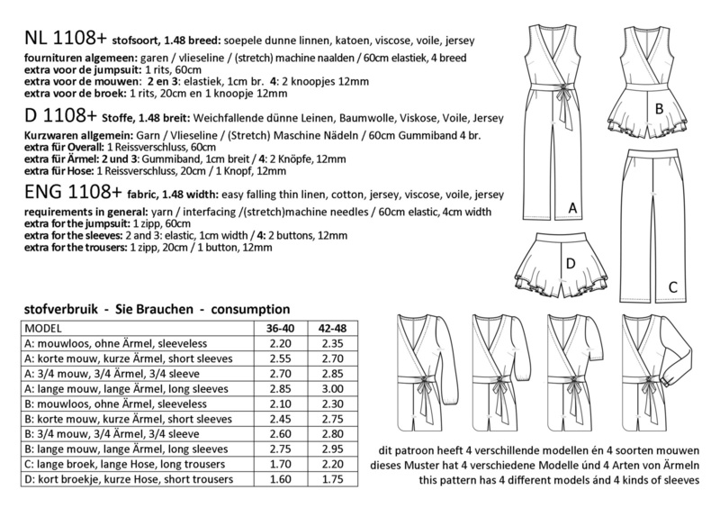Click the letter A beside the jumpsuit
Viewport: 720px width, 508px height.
pyautogui.click(x=571, y=209)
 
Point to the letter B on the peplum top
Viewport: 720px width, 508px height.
pyautogui.click(x=661, y=109)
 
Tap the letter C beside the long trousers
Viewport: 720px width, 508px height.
pyautogui.click(x=672, y=287)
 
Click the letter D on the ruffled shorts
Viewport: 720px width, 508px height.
pyautogui.click(x=570, y=263)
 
